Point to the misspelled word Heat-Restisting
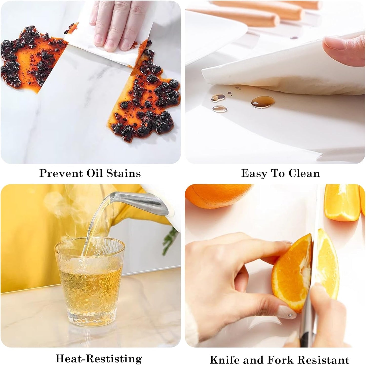(99, 358)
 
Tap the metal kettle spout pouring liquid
(142, 202)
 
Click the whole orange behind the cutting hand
(218, 195)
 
